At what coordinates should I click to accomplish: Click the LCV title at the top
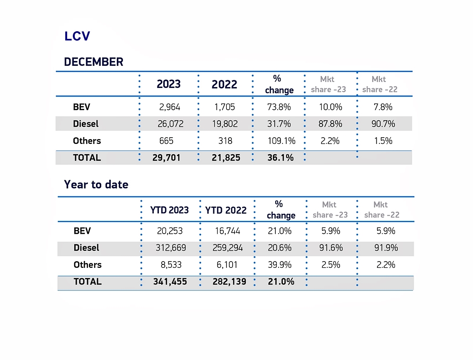pos(77,36)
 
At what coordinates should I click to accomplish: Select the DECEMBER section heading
pos(94,62)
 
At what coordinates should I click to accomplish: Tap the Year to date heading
pos(96,184)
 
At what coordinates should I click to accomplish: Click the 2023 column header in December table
pos(168,84)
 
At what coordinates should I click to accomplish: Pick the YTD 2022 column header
pos(226,210)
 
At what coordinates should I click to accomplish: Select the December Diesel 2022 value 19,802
pos(225,124)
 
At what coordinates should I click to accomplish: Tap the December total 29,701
pos(166,158)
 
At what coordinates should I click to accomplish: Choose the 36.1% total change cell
pos(280,158)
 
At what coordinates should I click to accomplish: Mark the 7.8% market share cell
pos(383,107)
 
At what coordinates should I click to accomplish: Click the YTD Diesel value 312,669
pos(171,248)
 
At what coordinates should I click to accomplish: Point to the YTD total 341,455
pos(170,281)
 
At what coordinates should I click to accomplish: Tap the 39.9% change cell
pos(280,265)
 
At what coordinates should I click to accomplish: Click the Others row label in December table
pos(87,141)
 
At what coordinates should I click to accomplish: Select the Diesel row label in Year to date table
pos(87,248)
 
